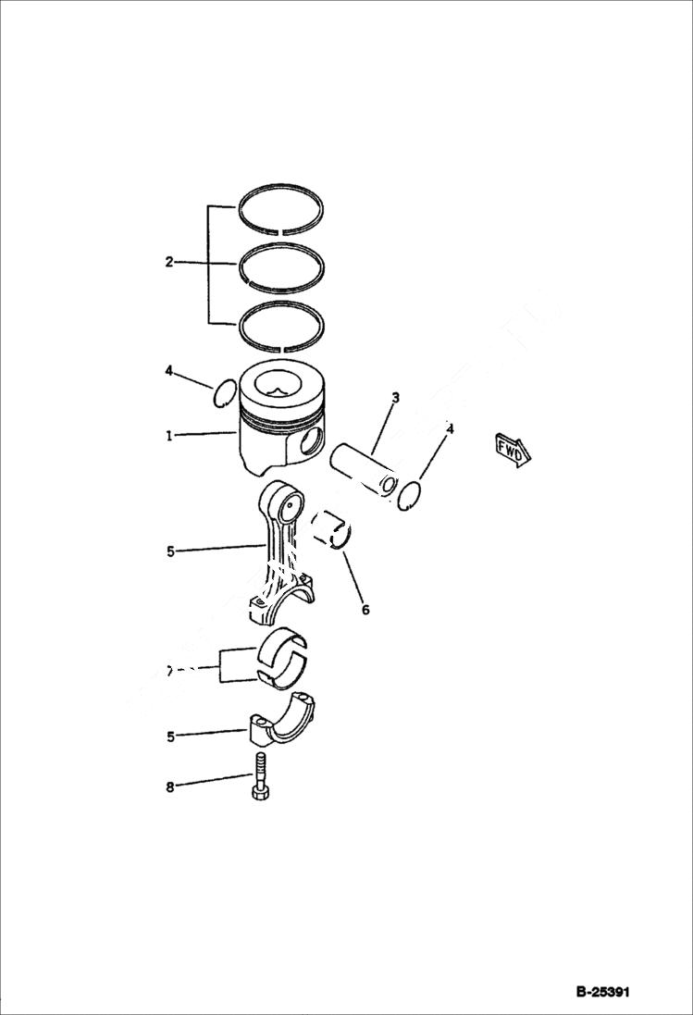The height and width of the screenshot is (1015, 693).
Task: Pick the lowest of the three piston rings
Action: pyautogui.click(x=281, y=309)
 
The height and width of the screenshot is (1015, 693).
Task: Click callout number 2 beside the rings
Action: pyautogui.click(x=169, y=262)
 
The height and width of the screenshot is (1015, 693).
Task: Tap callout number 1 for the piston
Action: pyautogui.click(x=169, y=435)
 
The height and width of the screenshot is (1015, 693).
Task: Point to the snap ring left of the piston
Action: pyautogui.click(x=223, y=395)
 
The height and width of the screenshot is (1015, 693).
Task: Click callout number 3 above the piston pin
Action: pyautogui.click(x=395, y=398)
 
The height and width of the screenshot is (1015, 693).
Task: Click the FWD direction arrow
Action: pyautogui.click(x=511, y=448)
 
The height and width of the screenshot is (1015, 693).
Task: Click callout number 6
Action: pyautogui.click(x=365, y=610)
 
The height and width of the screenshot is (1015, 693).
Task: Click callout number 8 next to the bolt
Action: pyautogui.click(x=169, y=787)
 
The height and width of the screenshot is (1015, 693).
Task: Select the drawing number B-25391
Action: pyautogui.click(x=602, y=992)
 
